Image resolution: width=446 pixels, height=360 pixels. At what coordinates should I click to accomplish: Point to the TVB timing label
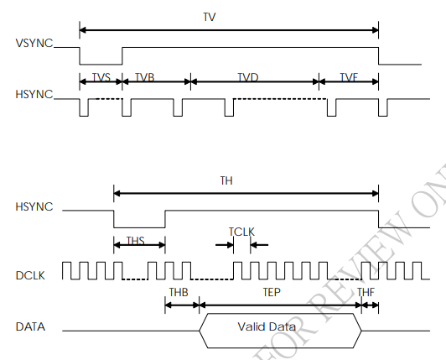pyautogui.click(x=145, y=76)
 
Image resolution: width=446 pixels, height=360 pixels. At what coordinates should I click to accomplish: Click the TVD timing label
pyautogui.click(x=247, y=76)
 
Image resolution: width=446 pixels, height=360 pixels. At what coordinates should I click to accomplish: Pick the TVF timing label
pyautogui.click(x=349, y=76)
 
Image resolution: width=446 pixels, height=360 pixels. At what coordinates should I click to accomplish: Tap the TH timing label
pyautogui.click(x=226, y=180)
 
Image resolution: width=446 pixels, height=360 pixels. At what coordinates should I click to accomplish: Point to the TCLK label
pyautogui.click(x=241, y=232)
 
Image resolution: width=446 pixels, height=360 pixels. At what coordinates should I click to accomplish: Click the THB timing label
pyautogui.click(x=179, y=292)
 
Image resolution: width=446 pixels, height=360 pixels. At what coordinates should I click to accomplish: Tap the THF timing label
pyautogui.click(x=366, y=292)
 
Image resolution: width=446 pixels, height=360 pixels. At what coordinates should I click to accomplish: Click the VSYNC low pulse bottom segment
pyautogui.click(x=101, y=65)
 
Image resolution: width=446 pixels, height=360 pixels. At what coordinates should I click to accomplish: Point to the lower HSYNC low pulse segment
pyautogui.click(x=139, y=227)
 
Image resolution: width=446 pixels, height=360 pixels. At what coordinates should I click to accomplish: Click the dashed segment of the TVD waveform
pyautogui.click(x=281, y=100)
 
